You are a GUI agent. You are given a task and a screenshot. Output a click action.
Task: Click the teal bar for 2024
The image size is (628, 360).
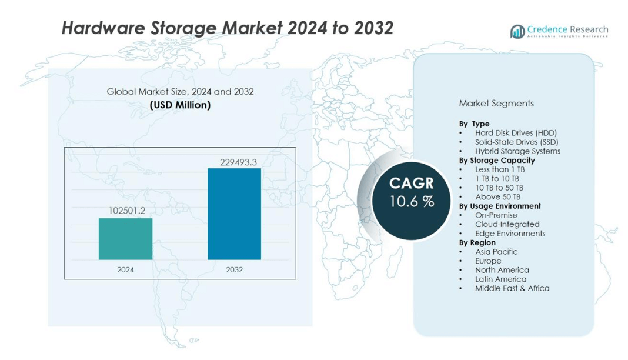pos(125,239)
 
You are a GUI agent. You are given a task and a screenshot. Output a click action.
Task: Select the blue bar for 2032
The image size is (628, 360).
pos(234,214)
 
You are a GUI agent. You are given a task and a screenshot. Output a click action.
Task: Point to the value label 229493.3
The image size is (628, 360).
pos(234,162)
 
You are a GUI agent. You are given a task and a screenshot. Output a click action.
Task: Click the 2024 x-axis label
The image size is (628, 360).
pos(125,270)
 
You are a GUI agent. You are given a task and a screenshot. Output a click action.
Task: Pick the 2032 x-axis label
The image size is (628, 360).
pos(234,270)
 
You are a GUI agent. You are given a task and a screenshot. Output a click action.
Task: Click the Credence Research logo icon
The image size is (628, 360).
pos(517,31)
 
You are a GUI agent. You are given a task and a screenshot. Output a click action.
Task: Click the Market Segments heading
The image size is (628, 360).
pos(496,104)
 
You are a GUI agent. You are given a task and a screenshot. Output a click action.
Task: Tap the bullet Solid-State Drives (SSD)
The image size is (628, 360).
pos(516,142)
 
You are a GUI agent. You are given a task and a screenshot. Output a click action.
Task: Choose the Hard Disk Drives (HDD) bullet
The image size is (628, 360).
pos(516,133)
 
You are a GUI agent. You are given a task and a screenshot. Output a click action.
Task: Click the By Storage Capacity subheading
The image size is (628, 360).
pos(497,160)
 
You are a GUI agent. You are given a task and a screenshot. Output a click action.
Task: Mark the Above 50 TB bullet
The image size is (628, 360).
pos(497,196)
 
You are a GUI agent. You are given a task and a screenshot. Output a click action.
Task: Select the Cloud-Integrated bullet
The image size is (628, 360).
pos(507,224)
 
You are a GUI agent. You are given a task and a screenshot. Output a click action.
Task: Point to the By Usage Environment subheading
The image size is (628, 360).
pos(500,206)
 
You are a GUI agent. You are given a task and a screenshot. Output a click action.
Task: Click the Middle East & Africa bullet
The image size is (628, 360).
pos(512,288)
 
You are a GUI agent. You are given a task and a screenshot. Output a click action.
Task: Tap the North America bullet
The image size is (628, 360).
pos(502,270)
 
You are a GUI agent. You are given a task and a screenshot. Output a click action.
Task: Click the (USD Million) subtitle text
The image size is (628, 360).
pos(180,105)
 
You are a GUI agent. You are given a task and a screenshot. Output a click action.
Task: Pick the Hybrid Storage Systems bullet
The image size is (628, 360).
pos(517,151)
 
